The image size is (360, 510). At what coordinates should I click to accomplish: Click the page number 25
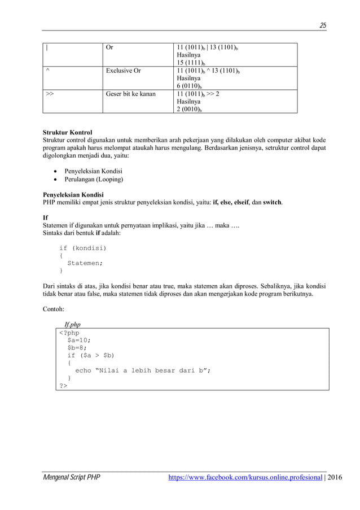(x=323, y=25)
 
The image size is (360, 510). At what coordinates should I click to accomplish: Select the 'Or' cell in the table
(x=109, y=47)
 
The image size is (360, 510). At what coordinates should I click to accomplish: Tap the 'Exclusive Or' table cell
(x=123, y=71)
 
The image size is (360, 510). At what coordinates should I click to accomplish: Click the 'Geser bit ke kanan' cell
(x=130, y=94)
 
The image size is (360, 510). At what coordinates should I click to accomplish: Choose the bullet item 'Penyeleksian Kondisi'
(x=94, y=171)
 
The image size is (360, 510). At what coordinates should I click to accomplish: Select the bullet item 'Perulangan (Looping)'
(x=94, y=180)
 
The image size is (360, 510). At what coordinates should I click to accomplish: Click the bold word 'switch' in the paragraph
(x=273, y=202)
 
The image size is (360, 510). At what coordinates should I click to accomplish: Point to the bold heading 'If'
(x=46, y=217)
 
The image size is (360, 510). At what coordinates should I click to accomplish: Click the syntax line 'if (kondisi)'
(x=82, y=248)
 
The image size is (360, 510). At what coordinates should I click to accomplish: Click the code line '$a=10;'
(x=79, y=340)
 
